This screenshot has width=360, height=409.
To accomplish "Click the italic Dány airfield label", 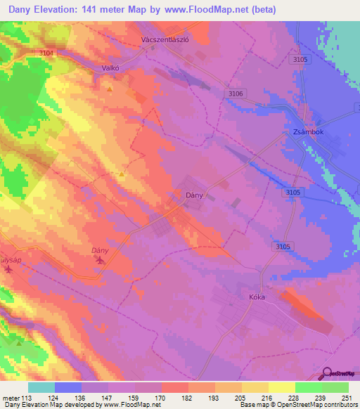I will click(102, 250).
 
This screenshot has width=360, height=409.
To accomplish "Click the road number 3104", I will click(48, 53).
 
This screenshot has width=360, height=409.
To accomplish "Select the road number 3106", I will click(236, 93).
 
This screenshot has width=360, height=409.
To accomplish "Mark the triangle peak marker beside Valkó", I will click(109, 90).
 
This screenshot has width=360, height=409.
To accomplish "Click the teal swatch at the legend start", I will click(41, 387).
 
